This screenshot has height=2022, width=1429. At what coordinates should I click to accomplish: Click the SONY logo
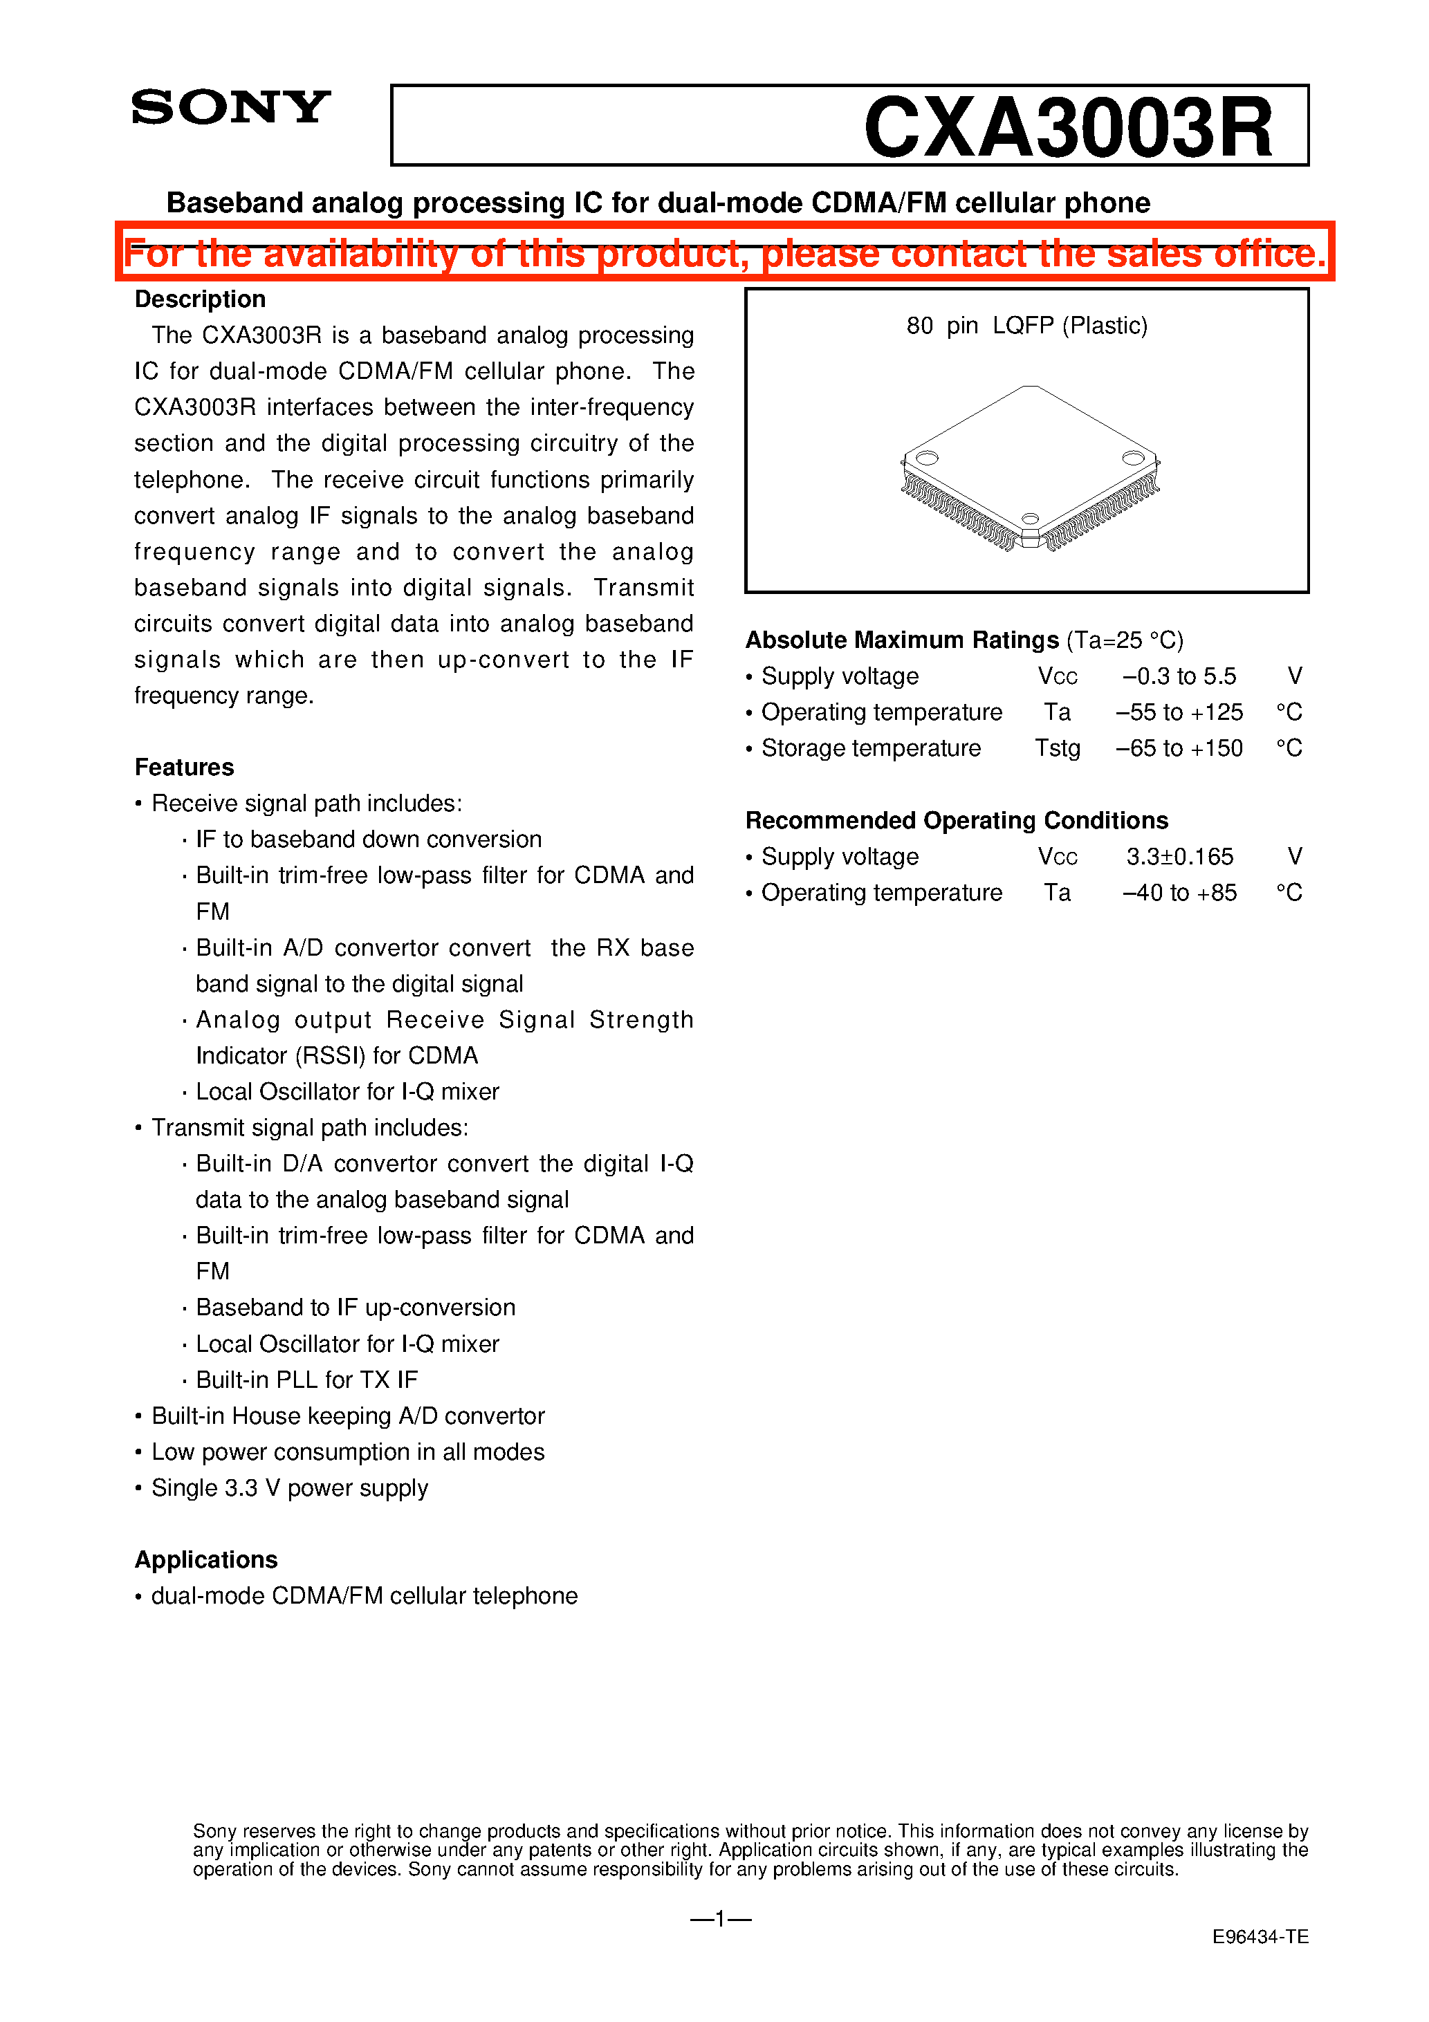click(x=231, y=107)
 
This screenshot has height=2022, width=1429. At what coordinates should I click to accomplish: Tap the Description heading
click(x=200, y=299)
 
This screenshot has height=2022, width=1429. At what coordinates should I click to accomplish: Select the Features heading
click(x=184, y=767)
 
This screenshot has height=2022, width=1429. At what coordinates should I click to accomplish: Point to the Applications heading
click(x=206, y=1559)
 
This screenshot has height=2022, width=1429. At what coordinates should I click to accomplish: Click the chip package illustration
click(x=1029, y=467)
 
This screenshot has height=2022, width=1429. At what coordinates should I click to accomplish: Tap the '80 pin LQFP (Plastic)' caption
click(x=1026, y=326)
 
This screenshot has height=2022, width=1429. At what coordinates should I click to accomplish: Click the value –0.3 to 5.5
click(x=1179, y=676)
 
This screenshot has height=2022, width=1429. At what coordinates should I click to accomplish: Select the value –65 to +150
click(x=1179, y=748)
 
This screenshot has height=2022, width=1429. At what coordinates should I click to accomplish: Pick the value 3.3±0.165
click(x=1180, y=857)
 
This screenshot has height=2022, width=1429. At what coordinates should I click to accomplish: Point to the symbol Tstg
click(x=1057, y=748)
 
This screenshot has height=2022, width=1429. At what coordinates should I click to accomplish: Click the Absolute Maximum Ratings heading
click(x=902, y=640)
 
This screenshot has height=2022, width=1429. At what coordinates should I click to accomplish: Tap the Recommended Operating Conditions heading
click(x=957, y=821)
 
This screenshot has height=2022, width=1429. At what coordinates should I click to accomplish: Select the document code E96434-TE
click(x=1260, y=1938)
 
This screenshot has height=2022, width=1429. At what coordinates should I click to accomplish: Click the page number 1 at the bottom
click(x=720, y=1919)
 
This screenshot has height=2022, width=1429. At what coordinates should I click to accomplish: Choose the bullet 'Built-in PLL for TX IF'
click(x=306, y=1380)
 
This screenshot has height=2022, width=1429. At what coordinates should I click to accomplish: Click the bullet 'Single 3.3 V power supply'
click(x=289, y=1488)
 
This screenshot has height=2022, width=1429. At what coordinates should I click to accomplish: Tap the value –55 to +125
click(x=1179, y=712)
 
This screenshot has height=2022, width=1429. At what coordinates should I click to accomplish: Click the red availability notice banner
click(x=724, y=253)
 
